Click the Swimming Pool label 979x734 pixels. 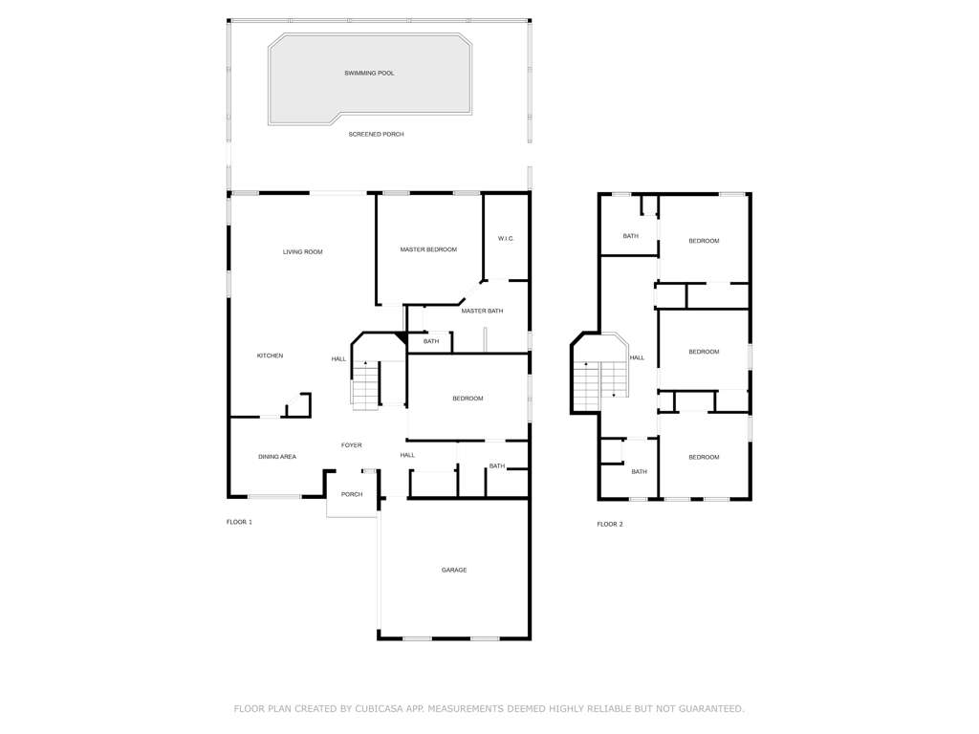369,73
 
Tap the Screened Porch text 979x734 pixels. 376,134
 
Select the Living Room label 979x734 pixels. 303,252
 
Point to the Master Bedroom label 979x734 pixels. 428,249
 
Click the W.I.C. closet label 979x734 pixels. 506,238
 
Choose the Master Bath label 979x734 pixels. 482,311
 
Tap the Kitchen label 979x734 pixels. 270,356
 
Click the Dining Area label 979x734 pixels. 277,457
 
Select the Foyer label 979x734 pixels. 352,445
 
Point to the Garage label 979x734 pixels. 454,571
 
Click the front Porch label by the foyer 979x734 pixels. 352,494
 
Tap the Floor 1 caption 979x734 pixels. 239,522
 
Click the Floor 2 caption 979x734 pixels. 610,525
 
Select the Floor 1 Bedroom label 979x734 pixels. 468,399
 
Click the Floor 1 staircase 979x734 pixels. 365,385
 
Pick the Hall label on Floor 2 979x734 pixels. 637,358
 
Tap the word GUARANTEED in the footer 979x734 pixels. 711,708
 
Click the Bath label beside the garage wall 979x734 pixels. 497,466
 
